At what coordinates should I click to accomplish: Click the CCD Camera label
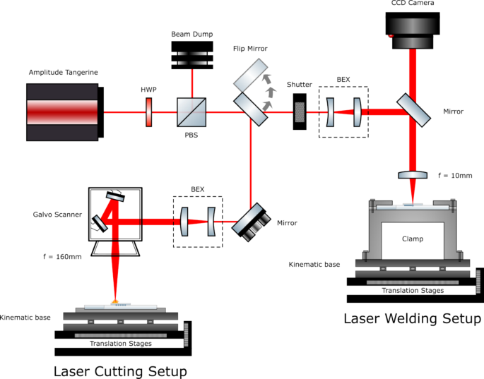tap(413, 4)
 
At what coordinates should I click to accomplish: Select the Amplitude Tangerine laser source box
tap(62, 111)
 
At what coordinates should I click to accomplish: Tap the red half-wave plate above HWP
tap(149, 112)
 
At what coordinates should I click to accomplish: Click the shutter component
tap(300, 111)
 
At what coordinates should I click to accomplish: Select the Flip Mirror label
tap(249, 48)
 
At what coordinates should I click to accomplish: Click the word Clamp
tap(413, 239)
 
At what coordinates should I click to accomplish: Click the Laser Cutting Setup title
tap(120, 370)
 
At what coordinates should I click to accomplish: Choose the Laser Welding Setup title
tap(413, 318)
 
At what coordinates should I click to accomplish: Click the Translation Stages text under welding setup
tap(413, 290)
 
